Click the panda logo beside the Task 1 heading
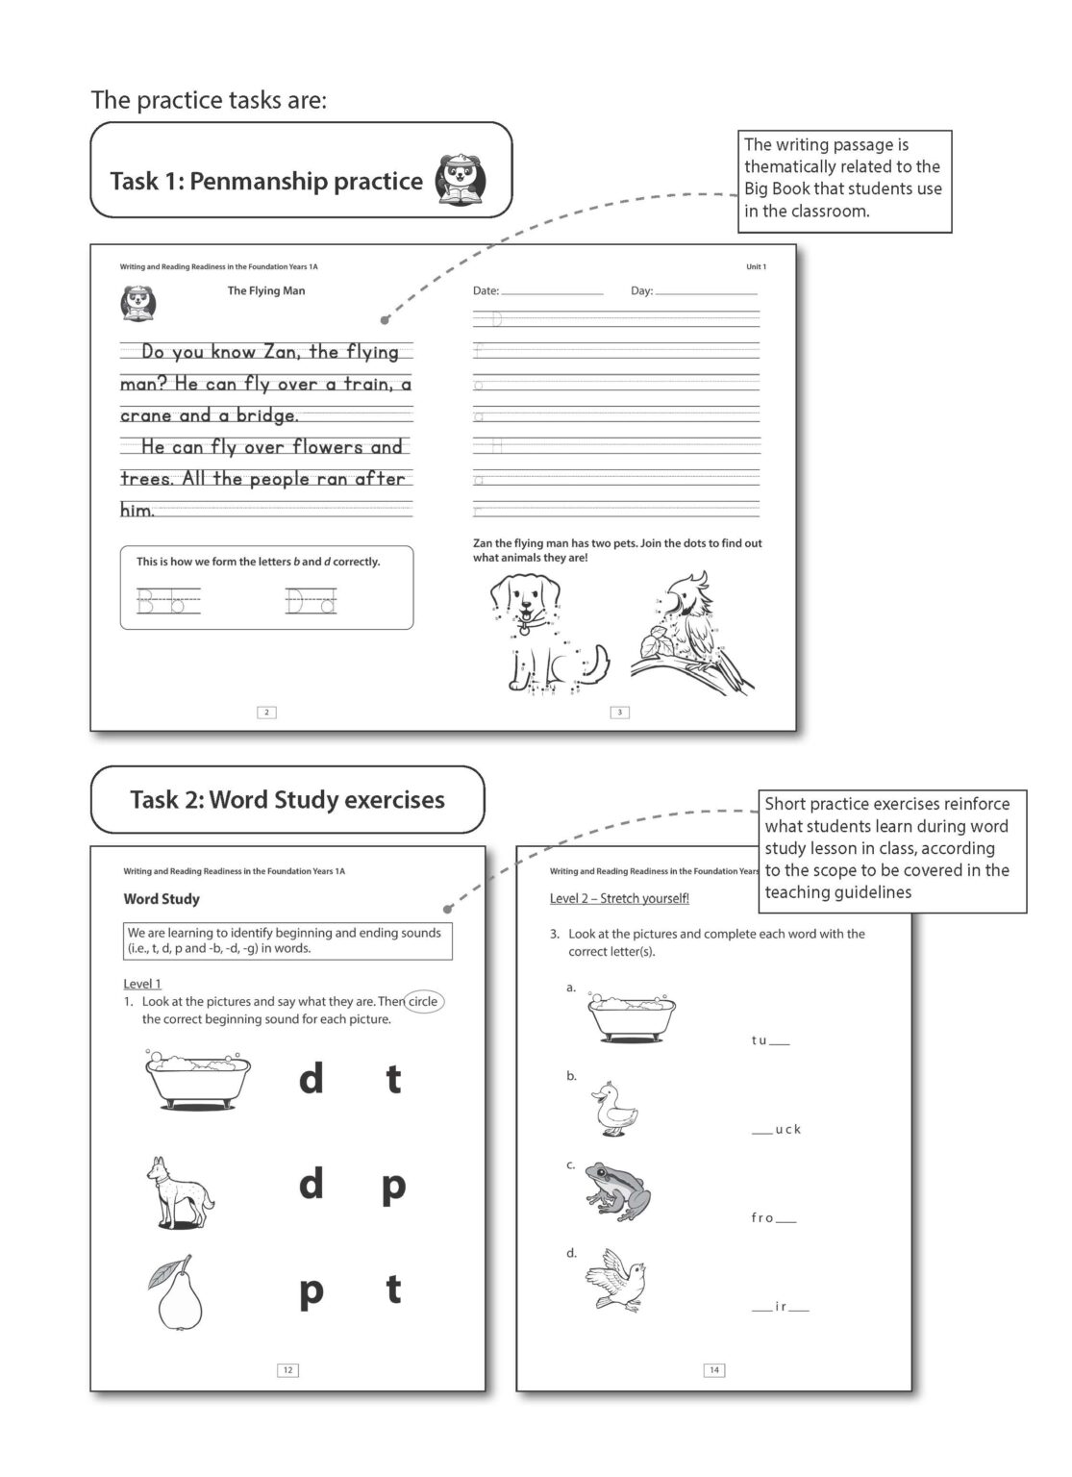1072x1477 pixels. click(x=461, y=180)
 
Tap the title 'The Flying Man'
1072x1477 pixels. click(x=266, y=290)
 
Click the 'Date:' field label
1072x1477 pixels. click(x=486, y=290)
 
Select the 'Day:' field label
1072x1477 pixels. click(x=641, y=290)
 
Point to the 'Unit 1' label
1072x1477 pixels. click(x=756, y=266)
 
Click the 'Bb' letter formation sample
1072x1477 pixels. click(x=168, y=602)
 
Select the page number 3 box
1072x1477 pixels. click(x=620, y=712)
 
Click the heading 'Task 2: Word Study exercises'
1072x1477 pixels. click(x=287, y=799)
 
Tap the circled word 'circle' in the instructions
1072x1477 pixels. click(x=423, y=1001)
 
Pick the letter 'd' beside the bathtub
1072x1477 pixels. click(x=311, y=1079)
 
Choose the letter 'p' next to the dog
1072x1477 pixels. click(x=393, y=1186)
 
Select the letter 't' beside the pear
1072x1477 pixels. click(x=393, y=1289)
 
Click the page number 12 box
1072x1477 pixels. click(x=287, y=1369)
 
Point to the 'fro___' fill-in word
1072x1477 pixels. click(x=773, y=1218)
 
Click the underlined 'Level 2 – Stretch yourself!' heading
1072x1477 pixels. click(x=619, y=898)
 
